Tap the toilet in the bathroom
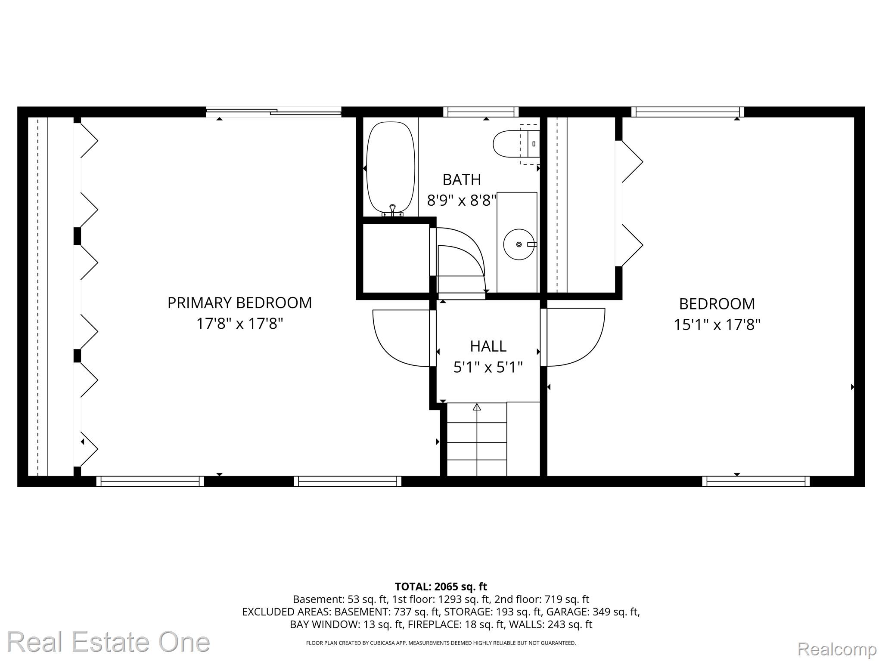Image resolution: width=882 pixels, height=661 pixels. [516, 144]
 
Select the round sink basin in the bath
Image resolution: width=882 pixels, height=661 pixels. [519, 244]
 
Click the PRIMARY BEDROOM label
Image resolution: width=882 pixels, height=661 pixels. [239, 303]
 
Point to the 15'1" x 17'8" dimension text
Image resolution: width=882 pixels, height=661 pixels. [717, 324]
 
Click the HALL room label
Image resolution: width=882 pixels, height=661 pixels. [488, 346]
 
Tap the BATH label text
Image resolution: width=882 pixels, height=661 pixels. [462, 179]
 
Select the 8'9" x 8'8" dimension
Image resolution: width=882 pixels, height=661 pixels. [462, 200]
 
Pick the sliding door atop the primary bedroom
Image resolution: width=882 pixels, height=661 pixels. [274, 112]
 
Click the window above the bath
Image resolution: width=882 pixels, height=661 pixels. [481, 112]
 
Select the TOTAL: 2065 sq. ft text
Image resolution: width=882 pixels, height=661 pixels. [441, 587]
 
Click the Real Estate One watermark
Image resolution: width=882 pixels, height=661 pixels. [108, 642]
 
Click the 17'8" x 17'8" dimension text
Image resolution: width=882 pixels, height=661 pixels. [239, 324]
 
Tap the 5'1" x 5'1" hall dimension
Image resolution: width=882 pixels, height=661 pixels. [488, 367]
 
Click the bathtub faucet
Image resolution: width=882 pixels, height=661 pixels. [392, 210]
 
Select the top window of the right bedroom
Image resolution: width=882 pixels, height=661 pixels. [688, 112]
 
